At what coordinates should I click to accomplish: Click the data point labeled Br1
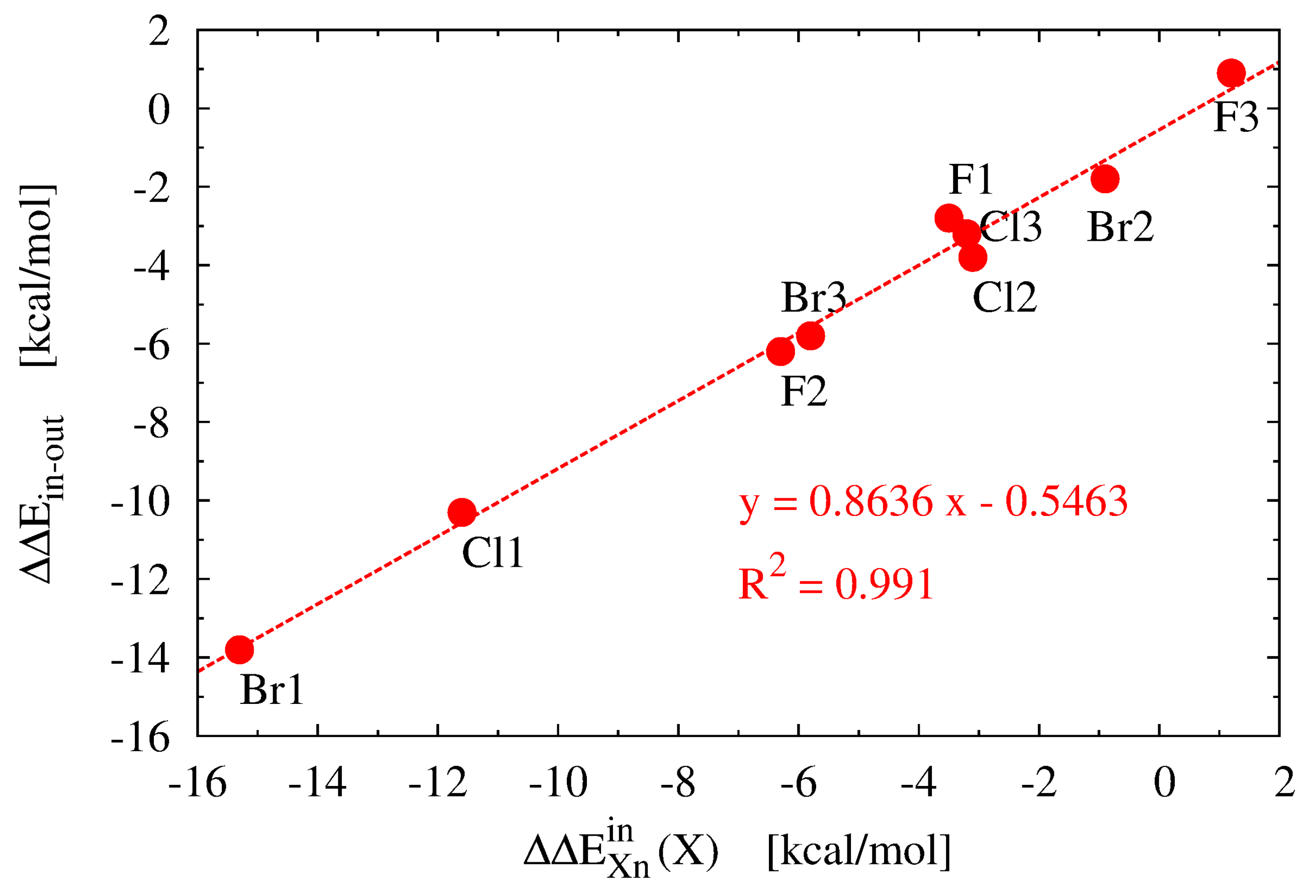point(239,650)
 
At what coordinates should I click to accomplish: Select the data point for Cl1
point(462,511)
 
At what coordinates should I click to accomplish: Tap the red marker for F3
point(1231,73)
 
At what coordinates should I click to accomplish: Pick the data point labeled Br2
point(1104,179)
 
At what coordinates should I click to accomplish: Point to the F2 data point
point(780,352)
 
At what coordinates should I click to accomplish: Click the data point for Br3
point(811,336)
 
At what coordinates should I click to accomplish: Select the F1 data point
point(948,218)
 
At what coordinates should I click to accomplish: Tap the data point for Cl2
point(973,257)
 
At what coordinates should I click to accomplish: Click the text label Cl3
point(1011,227)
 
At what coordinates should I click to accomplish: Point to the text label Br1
point(272,689)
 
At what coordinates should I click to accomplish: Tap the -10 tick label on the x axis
point(558,783)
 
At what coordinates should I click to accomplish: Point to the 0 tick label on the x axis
point(1164,783)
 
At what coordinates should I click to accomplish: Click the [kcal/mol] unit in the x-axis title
point(858,850)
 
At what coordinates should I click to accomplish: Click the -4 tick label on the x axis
point(918,783)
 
